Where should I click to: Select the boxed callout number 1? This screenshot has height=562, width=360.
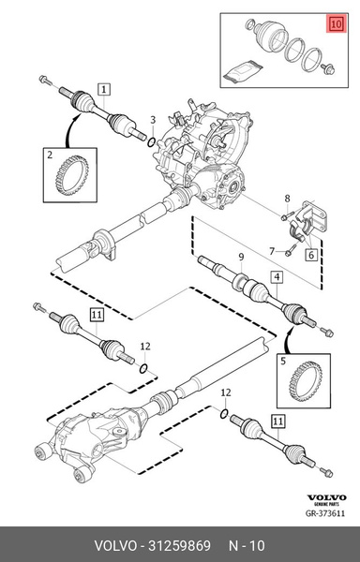click(103, 90)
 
